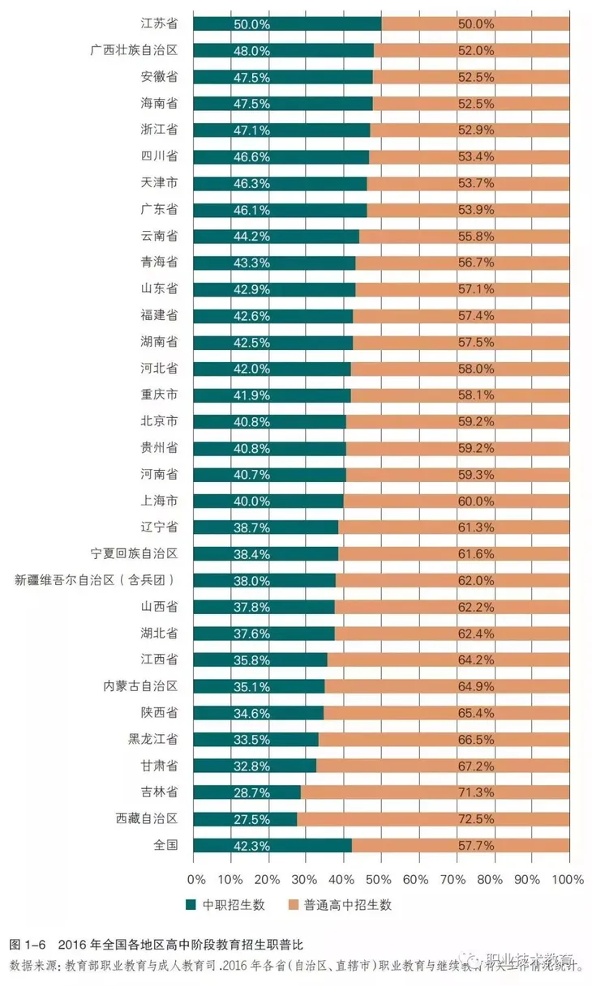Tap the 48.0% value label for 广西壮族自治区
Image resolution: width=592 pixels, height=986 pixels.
click(251, 50)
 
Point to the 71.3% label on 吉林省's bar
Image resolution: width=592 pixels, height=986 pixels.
click(475, 792)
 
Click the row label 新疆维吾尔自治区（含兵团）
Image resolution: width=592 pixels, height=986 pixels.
click(96, 580)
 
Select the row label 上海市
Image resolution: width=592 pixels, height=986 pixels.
click(159, 501)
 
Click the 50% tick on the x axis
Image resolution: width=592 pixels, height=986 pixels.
click(380, 879)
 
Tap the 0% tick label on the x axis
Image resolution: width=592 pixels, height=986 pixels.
click(195, 879)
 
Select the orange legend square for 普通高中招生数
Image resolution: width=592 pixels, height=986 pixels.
click(294, 905)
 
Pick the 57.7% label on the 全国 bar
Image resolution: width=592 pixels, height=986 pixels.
click(475, 845)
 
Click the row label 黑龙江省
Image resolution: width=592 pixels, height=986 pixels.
click(152, 739)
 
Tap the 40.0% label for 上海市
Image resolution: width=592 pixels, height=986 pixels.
click(251, 501)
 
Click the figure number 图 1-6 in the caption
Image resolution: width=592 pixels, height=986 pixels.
click(30, 945)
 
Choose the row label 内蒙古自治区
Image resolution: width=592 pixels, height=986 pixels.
click(140, 686)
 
